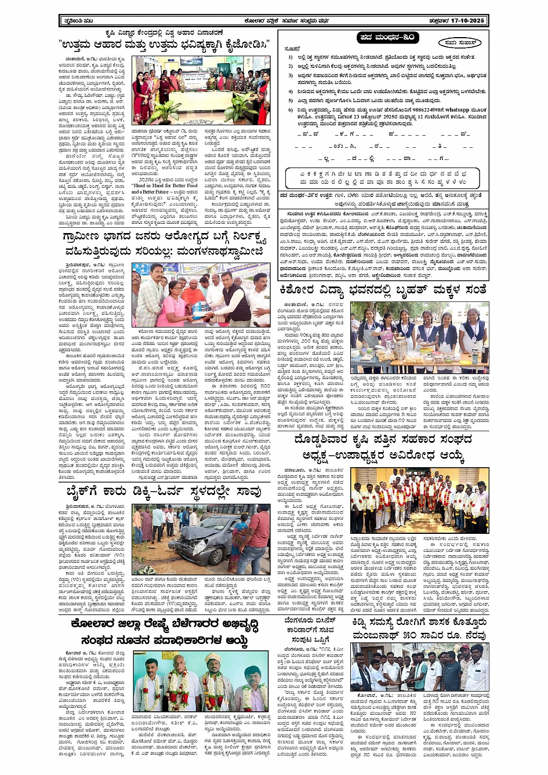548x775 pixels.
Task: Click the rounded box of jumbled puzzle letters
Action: tap(383, 177)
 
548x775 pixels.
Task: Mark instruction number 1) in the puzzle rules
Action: tap(291, 57)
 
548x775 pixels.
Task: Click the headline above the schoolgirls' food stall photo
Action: tap(382, 289)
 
